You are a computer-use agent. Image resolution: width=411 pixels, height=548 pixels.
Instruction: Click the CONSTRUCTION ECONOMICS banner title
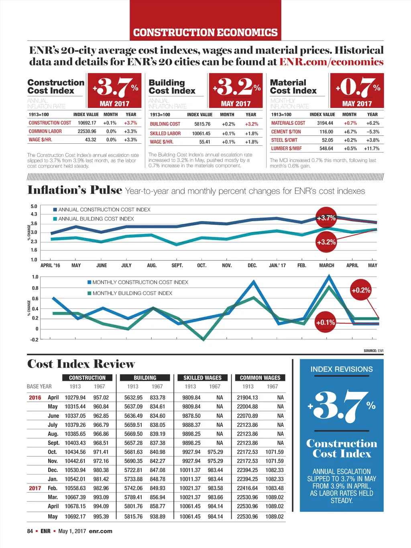[205, 32]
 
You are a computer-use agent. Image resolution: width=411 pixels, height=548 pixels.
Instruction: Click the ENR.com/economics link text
[331, 62]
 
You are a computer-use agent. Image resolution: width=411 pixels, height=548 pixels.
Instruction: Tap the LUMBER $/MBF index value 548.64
[326, 149]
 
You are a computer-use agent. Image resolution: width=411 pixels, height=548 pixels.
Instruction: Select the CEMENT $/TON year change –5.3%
[373, 132]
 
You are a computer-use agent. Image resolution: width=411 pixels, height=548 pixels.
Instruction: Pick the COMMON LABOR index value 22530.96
[87, 131]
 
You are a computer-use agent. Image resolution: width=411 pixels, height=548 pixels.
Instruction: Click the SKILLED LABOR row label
[165, 133]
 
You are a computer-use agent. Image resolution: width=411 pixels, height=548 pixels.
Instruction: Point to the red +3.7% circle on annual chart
[326, 218]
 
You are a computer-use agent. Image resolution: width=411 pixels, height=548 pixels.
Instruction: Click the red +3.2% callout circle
[326, 242]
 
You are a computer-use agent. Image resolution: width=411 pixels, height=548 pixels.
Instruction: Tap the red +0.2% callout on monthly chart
[361, 290]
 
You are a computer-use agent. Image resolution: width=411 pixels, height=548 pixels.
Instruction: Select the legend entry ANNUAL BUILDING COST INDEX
[96, 219]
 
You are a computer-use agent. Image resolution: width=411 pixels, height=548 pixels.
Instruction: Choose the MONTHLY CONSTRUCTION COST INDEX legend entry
[140, 282]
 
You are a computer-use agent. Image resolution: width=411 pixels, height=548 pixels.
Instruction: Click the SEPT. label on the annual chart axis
[177, 265]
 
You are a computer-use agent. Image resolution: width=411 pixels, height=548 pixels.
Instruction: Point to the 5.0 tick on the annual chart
[34, 206]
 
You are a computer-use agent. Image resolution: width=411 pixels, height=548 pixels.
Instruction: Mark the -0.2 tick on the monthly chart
[34, 340]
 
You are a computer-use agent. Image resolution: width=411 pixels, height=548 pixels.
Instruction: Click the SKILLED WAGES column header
[202, 378]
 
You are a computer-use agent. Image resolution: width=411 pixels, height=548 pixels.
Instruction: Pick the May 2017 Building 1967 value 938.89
[157, 516]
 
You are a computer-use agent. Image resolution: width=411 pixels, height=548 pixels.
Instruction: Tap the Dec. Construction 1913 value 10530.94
[75, 470]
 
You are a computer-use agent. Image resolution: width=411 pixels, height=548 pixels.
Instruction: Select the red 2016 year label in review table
[35, 397]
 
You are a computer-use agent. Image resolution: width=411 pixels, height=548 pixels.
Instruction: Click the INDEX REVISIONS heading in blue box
[342, 369]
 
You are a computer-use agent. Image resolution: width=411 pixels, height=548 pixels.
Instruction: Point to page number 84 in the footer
[30, 531]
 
